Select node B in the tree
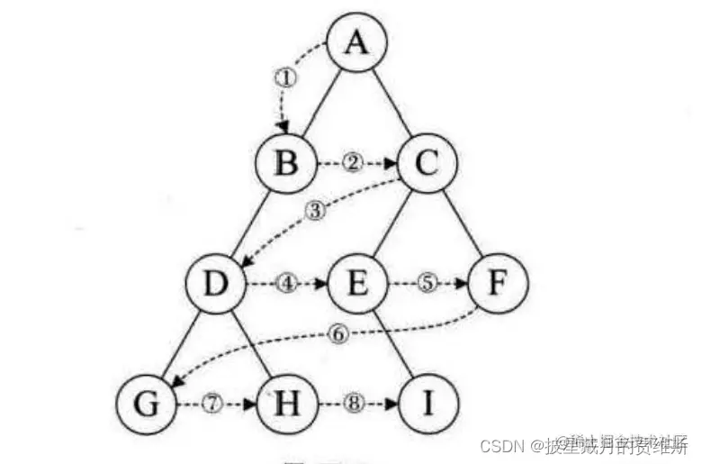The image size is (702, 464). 285,165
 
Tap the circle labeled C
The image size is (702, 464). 427,165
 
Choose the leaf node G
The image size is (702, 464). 148,403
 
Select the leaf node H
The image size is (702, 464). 285,403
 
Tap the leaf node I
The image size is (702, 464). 427,403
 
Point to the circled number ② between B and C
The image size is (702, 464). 354,164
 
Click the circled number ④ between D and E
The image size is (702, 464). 286,283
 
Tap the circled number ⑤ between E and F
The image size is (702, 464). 427,283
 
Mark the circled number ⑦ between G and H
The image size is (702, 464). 213,403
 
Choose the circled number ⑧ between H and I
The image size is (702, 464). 354,403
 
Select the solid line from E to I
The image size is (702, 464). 392,343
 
